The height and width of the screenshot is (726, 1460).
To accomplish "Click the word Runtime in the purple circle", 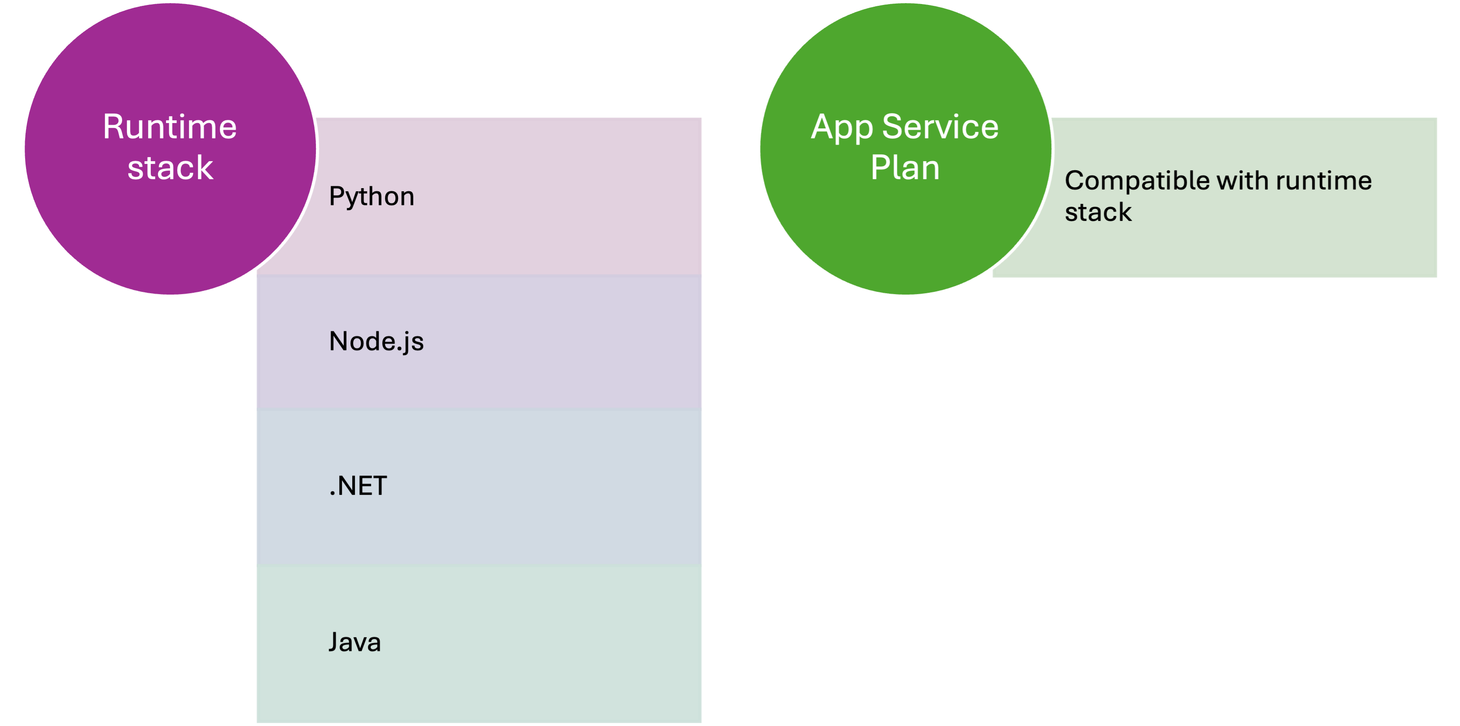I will (170, 127).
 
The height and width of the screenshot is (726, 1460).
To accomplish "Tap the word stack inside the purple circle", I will (170, 168).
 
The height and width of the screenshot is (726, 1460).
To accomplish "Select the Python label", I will (371, 197).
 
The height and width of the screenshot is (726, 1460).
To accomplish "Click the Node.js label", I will (376, 341).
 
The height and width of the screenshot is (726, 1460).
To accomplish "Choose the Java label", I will (354, 642).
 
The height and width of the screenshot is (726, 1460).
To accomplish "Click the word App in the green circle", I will (842, 128).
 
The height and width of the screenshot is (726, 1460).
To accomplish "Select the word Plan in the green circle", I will (905, 168).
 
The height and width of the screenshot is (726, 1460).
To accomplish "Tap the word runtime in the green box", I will (1324, 181).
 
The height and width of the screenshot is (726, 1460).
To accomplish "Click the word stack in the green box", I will (1098, 212).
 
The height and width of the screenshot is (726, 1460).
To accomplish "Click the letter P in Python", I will (336, 196).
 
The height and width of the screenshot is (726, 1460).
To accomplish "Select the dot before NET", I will (332, 495).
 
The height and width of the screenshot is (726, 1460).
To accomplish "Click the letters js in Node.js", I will (413, 343).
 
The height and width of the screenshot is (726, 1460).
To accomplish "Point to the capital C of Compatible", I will (1075, 181).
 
